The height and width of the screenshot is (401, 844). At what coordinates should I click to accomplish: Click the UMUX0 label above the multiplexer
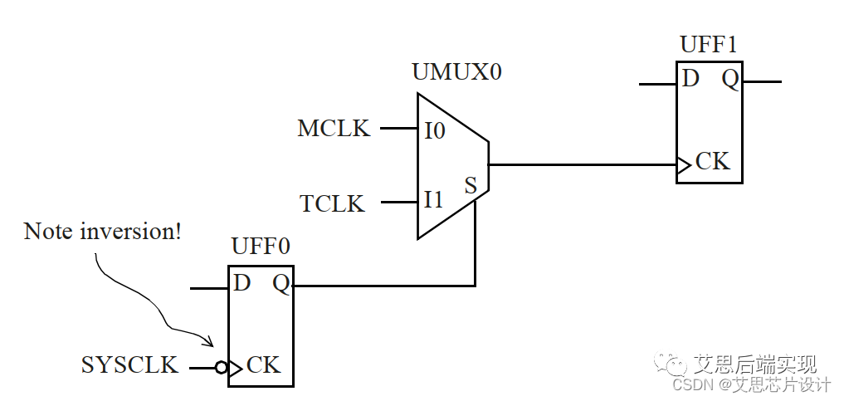(456, 72)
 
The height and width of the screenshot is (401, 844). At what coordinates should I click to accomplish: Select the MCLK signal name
(334, 129)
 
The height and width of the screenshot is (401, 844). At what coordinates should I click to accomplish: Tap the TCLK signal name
(332, 203)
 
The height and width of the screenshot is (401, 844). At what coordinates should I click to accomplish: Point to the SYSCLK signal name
(129, 365)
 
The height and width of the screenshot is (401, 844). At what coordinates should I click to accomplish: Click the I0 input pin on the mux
(434, 130)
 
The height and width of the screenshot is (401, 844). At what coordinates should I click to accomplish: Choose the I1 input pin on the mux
(433, 200)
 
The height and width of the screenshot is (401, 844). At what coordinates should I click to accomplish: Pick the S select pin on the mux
(471, 185)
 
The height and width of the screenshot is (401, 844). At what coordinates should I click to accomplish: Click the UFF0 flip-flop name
(261, 247)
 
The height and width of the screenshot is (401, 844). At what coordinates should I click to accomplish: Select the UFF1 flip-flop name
(708, 45)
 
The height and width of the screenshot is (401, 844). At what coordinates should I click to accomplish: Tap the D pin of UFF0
(241, 283)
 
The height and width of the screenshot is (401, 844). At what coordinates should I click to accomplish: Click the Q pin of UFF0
(281, 284)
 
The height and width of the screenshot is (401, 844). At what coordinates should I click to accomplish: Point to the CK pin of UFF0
(263, 364)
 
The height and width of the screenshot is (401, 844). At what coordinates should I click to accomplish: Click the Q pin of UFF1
(729, 79)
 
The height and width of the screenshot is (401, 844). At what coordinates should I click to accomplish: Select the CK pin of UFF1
(712, 161)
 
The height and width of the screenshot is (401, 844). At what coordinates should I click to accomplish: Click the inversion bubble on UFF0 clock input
(221, 367)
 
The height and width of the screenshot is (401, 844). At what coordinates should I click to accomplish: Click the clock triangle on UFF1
(683, 165)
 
